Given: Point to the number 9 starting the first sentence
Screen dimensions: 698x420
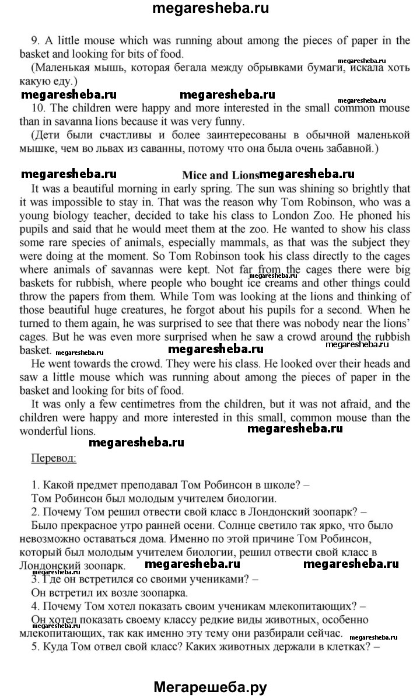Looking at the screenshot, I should click(x=35, y=40).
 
